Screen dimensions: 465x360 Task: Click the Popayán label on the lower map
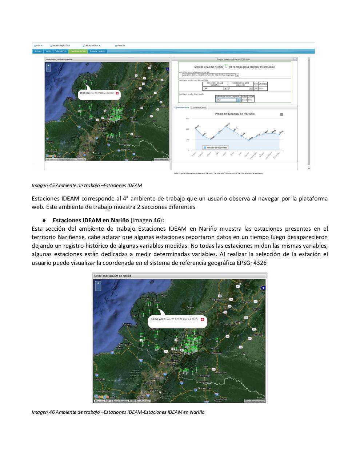pyautogui.click(x=216, y=300)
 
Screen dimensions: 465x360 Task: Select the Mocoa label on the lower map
pyautogui.click(x=215, y=348)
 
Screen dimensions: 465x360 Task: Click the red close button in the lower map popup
pyautogui.click(x=203, y=319)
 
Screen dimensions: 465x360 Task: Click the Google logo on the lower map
pyautogui.click(x=101, y=397)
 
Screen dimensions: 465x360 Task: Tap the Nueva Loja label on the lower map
pyautogui.click(x=205, y=388)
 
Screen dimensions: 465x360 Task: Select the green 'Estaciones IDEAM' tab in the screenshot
pyautogui.click(x=78, y=51)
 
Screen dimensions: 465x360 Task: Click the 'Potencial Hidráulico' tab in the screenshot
pyautogui.click(x=97, y=51)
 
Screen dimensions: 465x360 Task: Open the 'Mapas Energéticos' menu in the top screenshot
pyautogui.click(x=60, y=45)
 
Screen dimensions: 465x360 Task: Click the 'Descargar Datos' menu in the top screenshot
pyautogui.click(x=91, y=45)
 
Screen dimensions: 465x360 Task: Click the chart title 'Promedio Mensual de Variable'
pyautogui.click(x=235, y=114)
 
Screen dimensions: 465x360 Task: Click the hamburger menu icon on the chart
pyautogui.click(x=281, y=114)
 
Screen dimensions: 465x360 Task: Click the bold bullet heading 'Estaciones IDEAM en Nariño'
pyautogui.click(x=91, y=220)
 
